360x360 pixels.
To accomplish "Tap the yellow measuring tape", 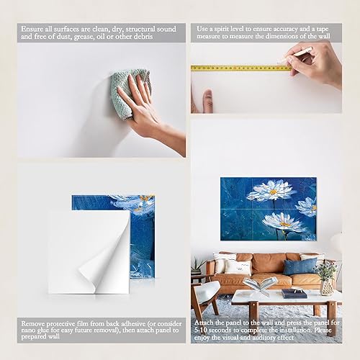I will click(x=238, y=68).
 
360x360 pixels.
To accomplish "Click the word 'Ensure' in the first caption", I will click(x=32, y=28).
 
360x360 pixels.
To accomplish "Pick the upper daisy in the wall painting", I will click(x=271, y=191).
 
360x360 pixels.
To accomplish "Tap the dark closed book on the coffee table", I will click(x=294, y=293).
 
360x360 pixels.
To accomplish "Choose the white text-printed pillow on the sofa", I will click(x=238, y=267).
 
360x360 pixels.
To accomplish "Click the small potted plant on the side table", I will click(x=197, y=266).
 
